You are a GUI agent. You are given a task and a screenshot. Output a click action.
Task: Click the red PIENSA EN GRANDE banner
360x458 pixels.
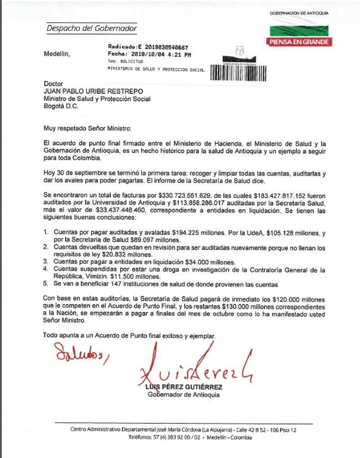pos(299,42)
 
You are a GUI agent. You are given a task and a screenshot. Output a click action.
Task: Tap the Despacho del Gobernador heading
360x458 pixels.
pos(92,28)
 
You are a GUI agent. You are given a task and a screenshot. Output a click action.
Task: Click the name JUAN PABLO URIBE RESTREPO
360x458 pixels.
pos(97,91)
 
